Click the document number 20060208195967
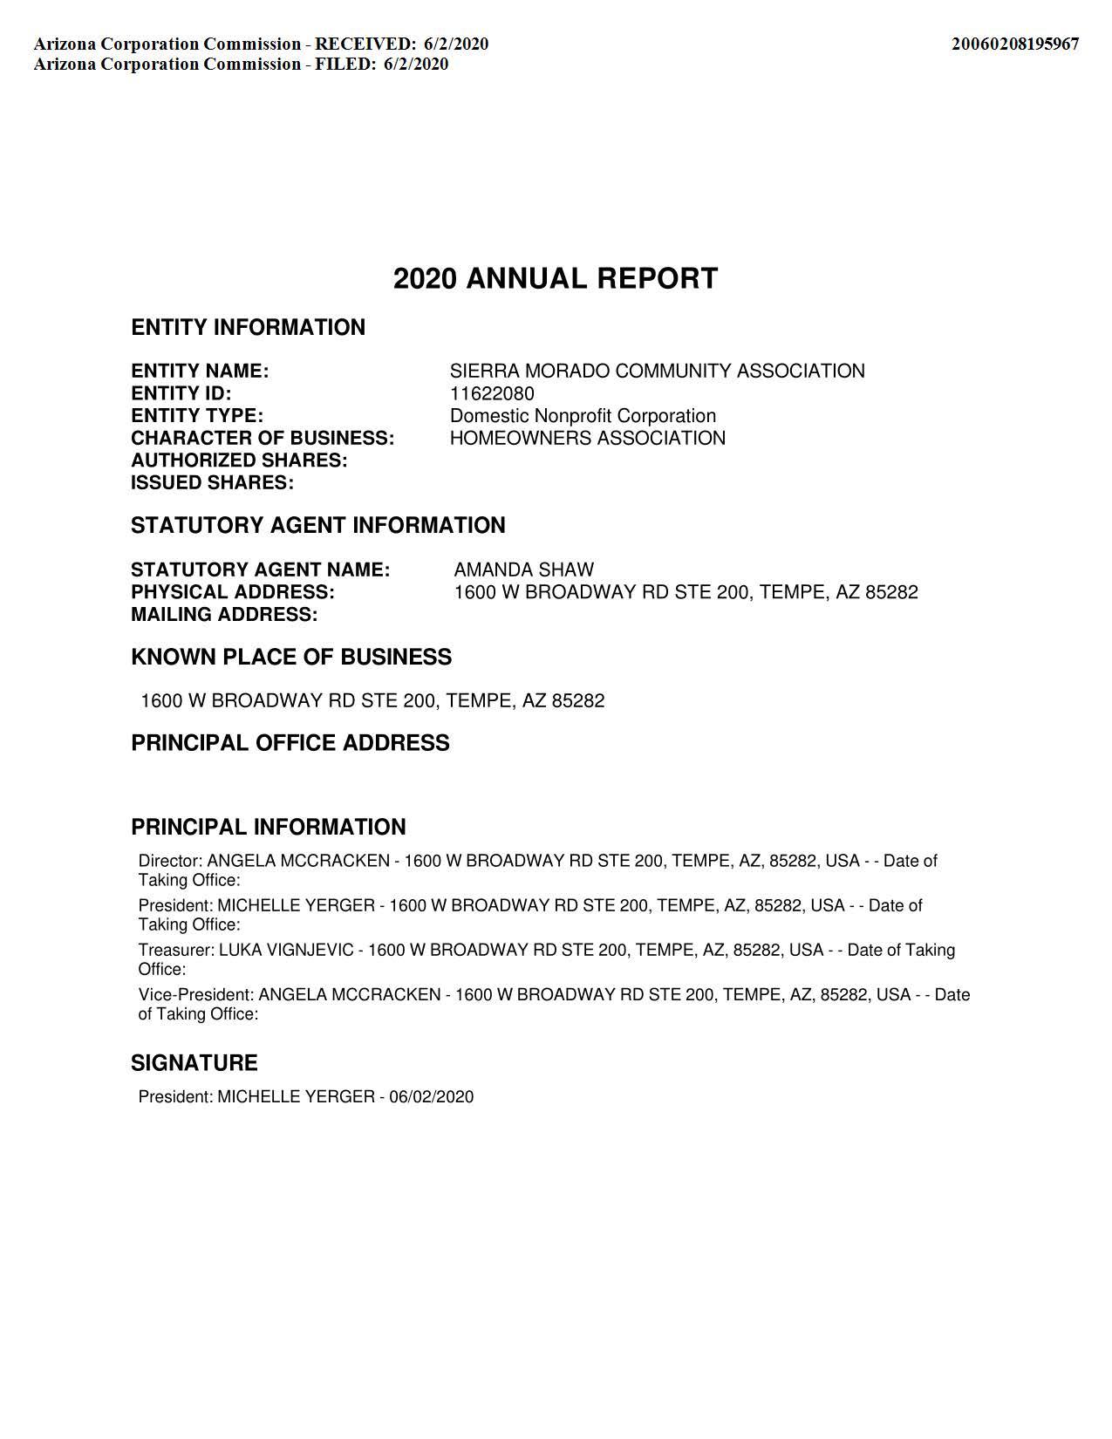click(x=1014, y=44)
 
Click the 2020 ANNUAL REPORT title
click(x=556, y=279)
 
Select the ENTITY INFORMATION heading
click(x=248, y=328)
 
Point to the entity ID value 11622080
click(x=492, y=393)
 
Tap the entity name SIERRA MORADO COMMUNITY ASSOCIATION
click(x=657, y=372)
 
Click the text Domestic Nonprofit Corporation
click(x=583, y=416)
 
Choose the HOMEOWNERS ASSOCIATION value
click(x=587, y=438)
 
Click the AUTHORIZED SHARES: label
click(x=239, y=460)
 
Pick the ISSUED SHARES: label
click(x=212, y=483)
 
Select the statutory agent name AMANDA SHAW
click(x=523, y=570)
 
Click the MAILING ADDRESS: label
click(x=224, y=615)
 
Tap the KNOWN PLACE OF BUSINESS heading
click(x=291, y=658)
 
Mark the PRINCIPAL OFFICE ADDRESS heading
click(x=290, y=743)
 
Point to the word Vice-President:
click(x=195, y=995)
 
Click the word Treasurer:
click(x=176, y=950)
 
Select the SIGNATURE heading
click(x=194, y=1063)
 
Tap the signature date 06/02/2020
click(x=432, y=1097)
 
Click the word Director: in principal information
click(x=170, y=861)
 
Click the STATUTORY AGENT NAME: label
click(x=260, y=570)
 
